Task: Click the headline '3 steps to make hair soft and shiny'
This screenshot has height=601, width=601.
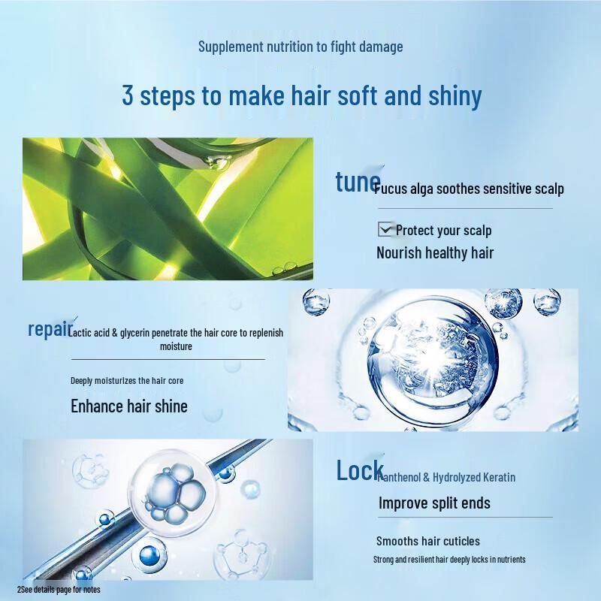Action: (301, 96)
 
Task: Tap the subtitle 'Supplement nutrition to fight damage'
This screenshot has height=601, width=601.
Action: (300, 47)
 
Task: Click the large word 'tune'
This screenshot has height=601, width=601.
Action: (358, 183)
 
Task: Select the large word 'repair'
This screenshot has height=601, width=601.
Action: (50, 328)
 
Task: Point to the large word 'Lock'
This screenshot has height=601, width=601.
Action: (359, 471)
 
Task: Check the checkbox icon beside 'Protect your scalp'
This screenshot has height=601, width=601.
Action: (386, 229)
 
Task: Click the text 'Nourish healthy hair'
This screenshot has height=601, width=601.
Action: (435, 252)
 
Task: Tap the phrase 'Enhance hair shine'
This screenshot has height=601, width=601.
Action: (129, 406)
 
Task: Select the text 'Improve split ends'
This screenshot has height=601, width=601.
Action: (434, 503)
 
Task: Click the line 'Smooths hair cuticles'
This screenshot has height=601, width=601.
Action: (427, 541)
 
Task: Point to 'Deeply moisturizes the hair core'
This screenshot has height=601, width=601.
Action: (127, 381)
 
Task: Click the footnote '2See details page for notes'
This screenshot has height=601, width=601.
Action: (59, 590)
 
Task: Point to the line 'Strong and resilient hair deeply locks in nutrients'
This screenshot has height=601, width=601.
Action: (449, 560)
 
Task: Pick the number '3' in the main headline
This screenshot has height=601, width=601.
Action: (128, 96)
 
